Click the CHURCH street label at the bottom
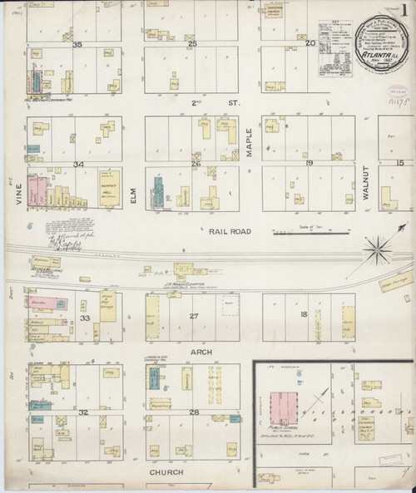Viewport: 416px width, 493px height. (166, 471)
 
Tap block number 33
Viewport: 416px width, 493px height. (84, 318)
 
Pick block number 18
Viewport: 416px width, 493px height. (305, 313)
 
